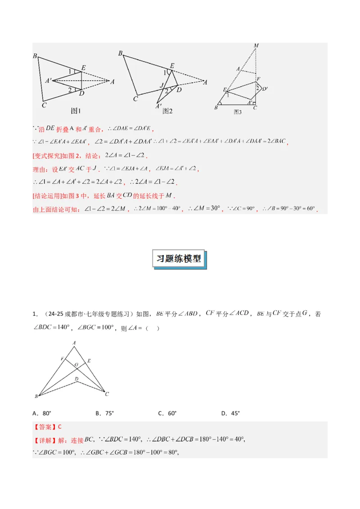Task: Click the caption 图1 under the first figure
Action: point(76,111)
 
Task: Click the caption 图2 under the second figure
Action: point(167,111)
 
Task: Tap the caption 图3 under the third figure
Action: point(238,112)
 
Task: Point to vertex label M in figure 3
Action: point(256,45)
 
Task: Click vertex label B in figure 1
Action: point(35,56)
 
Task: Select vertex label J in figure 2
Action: point(162,85)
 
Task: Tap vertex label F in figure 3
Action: point(258,79)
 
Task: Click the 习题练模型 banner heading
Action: point(180,259)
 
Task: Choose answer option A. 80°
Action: point(42,413)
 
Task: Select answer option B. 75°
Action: point(105,413)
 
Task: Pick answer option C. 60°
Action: point(167,413)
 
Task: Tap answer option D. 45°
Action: point(231,413)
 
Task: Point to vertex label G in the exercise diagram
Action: point(76,364)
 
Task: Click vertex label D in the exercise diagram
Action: point(76,380)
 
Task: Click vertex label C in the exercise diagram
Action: point(107,394)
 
